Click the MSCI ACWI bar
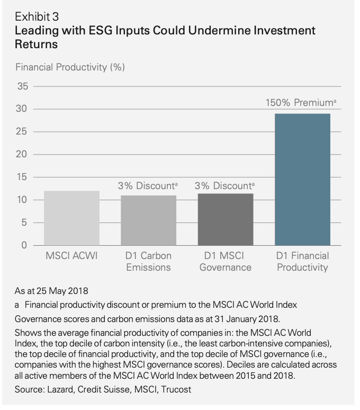click(x=71, y=218)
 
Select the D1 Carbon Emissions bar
click(x=148, y=220)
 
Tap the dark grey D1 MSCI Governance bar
click(x=226, y=219)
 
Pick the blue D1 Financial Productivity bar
click(x=302, y=180)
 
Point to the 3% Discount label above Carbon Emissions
click(x=148, y=186)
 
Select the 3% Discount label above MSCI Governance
click(x=224, y=186)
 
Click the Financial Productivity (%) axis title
click(x=70, y=67)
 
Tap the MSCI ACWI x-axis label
click(x=71, y=256)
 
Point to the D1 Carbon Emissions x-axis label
click(x=148, y=261)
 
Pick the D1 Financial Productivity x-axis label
click(x=302, y=261)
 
